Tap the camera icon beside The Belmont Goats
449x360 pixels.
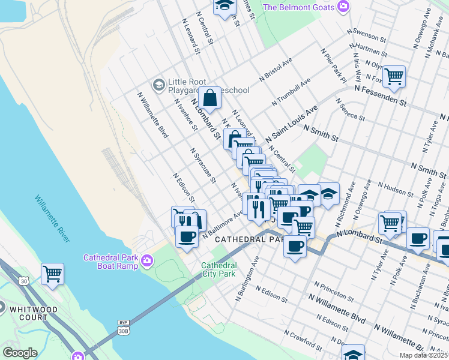343,7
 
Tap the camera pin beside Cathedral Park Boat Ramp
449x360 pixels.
147,262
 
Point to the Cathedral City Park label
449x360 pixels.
218,269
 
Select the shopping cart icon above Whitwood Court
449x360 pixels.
52,274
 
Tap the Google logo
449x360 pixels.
20,352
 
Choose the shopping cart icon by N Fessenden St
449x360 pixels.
394,76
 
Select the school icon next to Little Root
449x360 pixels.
159,84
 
